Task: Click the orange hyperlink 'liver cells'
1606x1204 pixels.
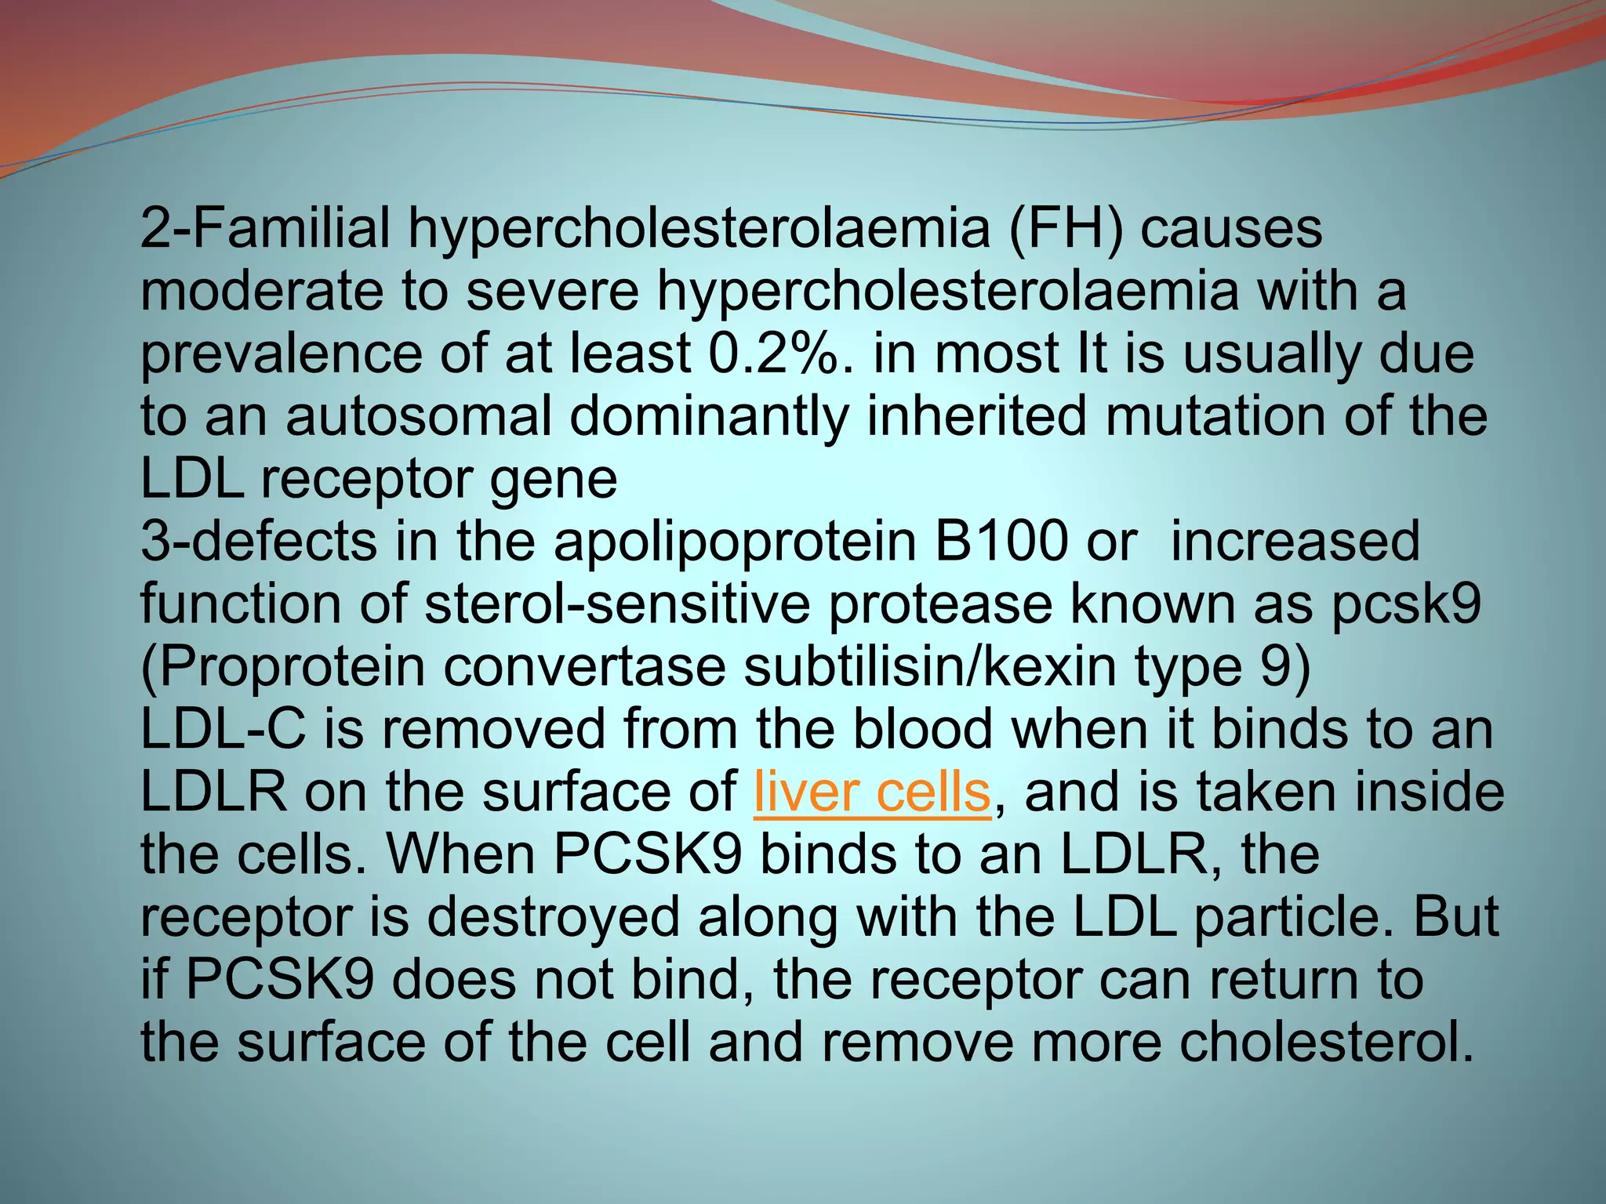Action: (x=872, y=792)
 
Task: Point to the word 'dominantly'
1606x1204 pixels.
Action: (x=709, y=416)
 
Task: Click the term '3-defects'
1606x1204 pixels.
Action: (x=259, y=542)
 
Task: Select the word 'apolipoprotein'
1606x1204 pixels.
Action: (x=735, y=542)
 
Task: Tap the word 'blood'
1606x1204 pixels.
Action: (x=923, y=730)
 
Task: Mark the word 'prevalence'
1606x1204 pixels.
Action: (x=281, y=354)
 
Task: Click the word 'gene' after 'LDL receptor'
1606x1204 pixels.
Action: (x=553, y=479)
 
